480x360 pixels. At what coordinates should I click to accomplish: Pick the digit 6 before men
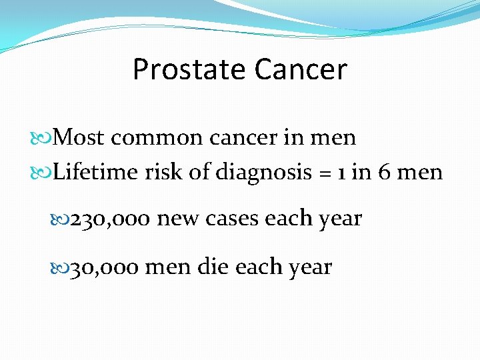click(385, 172)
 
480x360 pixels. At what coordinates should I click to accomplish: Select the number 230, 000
click(111, 219)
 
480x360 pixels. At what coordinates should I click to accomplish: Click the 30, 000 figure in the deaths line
click(105, 267)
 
